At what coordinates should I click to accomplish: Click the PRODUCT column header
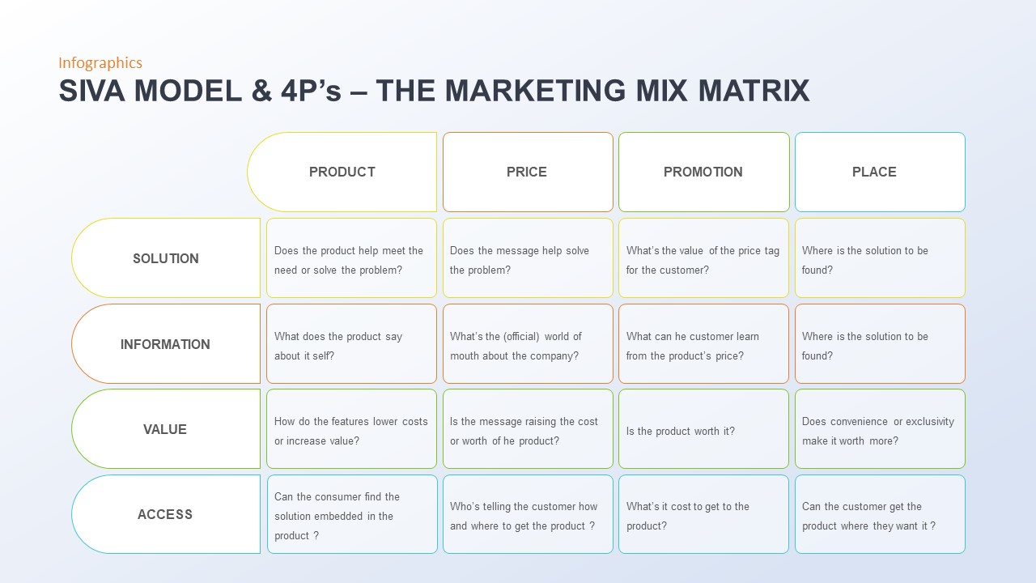click(x=342, y=172)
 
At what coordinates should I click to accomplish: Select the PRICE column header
click(x=527, y=172)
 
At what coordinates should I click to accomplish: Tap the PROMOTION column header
click(x=703, y=172)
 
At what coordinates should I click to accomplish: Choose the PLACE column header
click(x=874, y=172)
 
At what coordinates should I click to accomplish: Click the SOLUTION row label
click(x=166, y=258)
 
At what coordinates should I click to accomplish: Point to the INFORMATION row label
click(x=165, y=344)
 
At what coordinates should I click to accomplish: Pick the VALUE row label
click(x=165, y=429)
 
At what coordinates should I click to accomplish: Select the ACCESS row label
click(x=165, y=514)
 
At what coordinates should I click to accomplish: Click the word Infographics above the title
click(x=100, y=63)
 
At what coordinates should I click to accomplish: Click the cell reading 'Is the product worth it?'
click(x=703, y=429)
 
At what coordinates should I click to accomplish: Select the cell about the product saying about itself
click(x=351, y=344)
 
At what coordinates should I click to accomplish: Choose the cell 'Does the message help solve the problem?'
click(x=528, y=258)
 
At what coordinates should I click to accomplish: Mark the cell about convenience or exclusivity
click(x=880, y=429)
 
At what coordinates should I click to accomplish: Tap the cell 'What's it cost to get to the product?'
click(x=703, y=515)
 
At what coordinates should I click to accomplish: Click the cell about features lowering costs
click(x=351, y=429)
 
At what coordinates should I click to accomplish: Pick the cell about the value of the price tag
click(x=703, y=258)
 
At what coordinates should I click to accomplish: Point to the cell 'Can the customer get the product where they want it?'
click(x=880, y=515)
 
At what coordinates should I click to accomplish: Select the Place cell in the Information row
click(x=880, y=344)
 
